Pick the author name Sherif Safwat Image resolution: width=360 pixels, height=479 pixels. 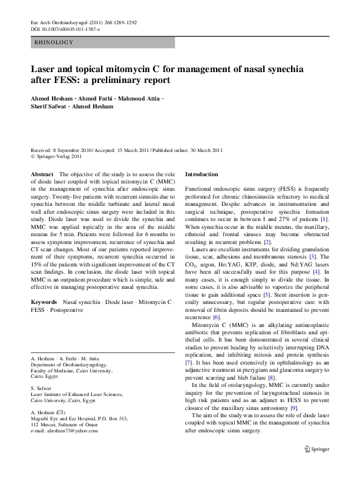tap(51, 107)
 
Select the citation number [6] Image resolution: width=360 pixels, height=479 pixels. tap(217, 317)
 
